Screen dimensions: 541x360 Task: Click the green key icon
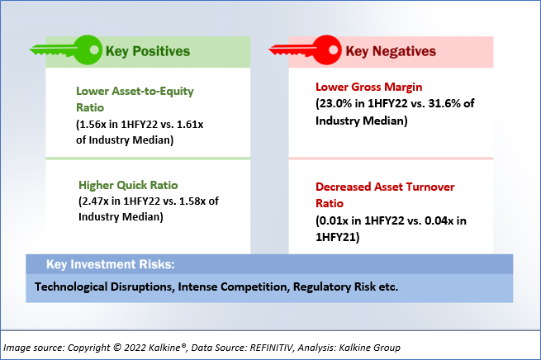coord(66,50)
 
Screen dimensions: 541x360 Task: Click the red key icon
coord(306,50)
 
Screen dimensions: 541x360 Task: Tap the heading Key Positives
coord(148,51)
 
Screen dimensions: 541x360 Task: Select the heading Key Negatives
coord(391,51)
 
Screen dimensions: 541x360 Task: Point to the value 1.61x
coord(190,124)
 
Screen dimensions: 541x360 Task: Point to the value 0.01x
coord(334,220)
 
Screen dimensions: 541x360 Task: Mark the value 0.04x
coord(439,220)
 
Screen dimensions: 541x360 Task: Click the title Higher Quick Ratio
coord(128,185)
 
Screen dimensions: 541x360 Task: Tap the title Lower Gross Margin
coord(369,87)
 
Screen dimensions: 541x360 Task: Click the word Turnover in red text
coord(430,187)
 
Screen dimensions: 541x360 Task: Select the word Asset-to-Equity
coord(153,92)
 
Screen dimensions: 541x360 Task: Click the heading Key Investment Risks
coord(111,264)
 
